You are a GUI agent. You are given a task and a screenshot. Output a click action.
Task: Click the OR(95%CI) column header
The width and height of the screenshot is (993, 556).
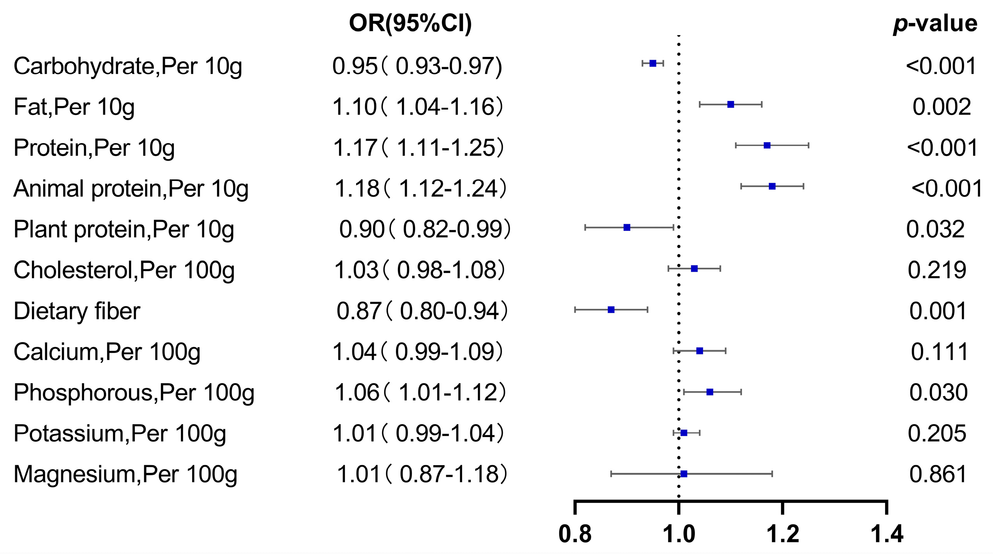click(410, 23)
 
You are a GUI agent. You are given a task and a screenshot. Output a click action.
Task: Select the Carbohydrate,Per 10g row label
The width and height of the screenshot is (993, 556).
click(128, 66)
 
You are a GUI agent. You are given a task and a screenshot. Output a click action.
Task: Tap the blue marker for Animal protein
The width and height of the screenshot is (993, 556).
click(772, 186)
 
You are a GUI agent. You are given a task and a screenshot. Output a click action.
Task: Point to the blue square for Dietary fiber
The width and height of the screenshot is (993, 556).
click(611, 310)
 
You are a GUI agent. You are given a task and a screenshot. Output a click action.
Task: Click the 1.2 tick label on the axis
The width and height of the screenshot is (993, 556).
click(783, 534)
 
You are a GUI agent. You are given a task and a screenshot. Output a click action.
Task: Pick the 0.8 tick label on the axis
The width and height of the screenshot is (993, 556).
click(575, 534)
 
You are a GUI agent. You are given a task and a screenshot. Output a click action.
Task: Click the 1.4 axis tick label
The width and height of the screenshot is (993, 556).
click(887, 534)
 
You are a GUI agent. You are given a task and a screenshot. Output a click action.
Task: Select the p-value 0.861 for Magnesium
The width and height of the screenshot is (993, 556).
click(938, 474)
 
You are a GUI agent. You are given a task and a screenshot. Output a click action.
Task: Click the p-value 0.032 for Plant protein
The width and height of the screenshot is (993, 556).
click(935, 229)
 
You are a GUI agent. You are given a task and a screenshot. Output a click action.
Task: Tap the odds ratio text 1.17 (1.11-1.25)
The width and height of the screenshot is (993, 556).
click(418, 148)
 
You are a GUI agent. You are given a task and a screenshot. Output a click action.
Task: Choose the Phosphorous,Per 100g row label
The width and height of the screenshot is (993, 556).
click(134, 393)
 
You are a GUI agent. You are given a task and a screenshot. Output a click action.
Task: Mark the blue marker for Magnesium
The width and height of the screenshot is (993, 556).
click(684, 474)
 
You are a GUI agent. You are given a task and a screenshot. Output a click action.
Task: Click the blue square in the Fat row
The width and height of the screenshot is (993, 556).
click(731, 104)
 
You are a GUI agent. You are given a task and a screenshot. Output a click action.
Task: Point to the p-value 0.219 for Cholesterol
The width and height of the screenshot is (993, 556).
click(937, 270)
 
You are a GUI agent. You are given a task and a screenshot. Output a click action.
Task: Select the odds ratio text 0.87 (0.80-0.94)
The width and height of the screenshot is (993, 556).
click(422, 311)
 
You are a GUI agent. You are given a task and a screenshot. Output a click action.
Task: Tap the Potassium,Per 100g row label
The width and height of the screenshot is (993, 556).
click(120, 434)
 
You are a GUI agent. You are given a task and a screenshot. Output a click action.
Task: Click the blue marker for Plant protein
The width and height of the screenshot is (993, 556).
click(627, 227)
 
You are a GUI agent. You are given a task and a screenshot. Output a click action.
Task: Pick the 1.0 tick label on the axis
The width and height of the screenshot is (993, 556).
click(679, 534)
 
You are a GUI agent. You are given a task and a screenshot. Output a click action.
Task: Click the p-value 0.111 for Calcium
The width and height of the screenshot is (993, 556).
click(939, 352)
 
